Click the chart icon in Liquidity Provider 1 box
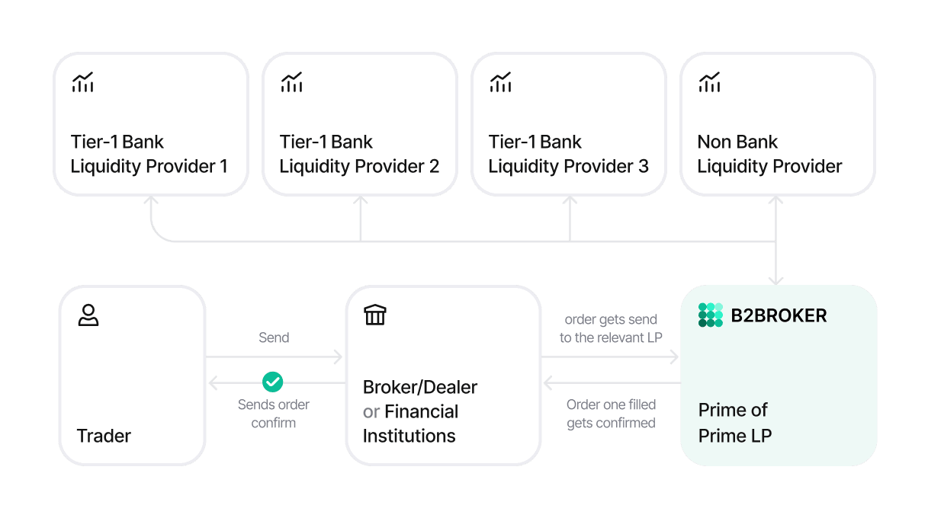pyautogui.click(x=82, y=82)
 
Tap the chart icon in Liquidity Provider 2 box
pyautogui.click(x=291, y=82)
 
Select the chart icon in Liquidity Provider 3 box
pyautogui.click(x=500, y=82)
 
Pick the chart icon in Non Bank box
pyautogui.click(x=709, y=82)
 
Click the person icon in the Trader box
pyautogui.click(x=88, y=315)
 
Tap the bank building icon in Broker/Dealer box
pyautogui.click(x=374, y=315)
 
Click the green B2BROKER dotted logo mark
pyautogui.click(x=710, y=315)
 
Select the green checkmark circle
pyautogui.click(x=272, y=382)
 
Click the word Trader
pyautogui.click(x=104, y=436)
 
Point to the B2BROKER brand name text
pyautogui.click(x=779, y=315)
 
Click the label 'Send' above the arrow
pyautogui.click(x=274, y=337)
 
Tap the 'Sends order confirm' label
pyautogui.click(x=273, y=414)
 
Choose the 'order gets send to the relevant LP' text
pyautogui.click(x=610, y=328)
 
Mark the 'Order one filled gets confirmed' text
pyautogui.click(x=611, y=414)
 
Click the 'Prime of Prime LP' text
pyautogui.click(x=734, y=423)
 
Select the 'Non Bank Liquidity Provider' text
pyautogui.click(x=769, y=154)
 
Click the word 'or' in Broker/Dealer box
pyautogui.click(x=371, y=411)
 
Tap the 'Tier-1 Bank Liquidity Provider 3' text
pyautogui.click(x=568, y=154)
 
